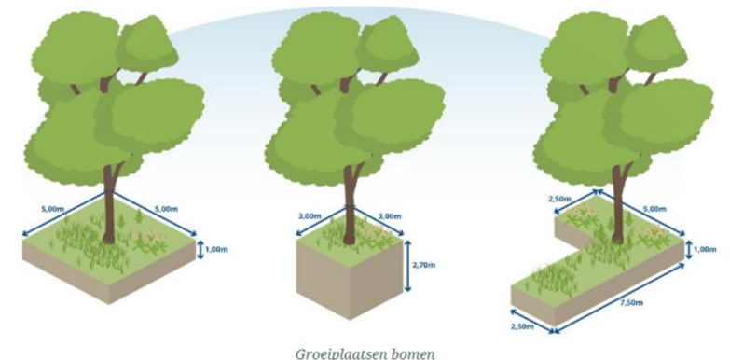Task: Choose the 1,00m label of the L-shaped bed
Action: click(x=706, y=249)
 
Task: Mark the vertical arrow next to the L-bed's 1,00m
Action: click(x=690, y=249)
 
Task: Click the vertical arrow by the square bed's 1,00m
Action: click(x=200, y=250)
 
